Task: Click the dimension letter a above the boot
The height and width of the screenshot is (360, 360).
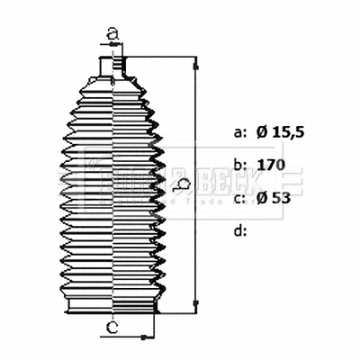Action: [112, 34]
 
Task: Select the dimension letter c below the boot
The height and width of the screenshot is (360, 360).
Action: [112, 327]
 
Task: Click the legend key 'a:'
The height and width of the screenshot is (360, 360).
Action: [239, 132]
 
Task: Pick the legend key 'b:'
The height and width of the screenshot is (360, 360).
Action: [239, 165]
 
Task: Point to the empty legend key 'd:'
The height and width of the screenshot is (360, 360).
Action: [239, 230]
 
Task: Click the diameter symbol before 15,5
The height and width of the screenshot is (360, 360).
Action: [262, 132]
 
